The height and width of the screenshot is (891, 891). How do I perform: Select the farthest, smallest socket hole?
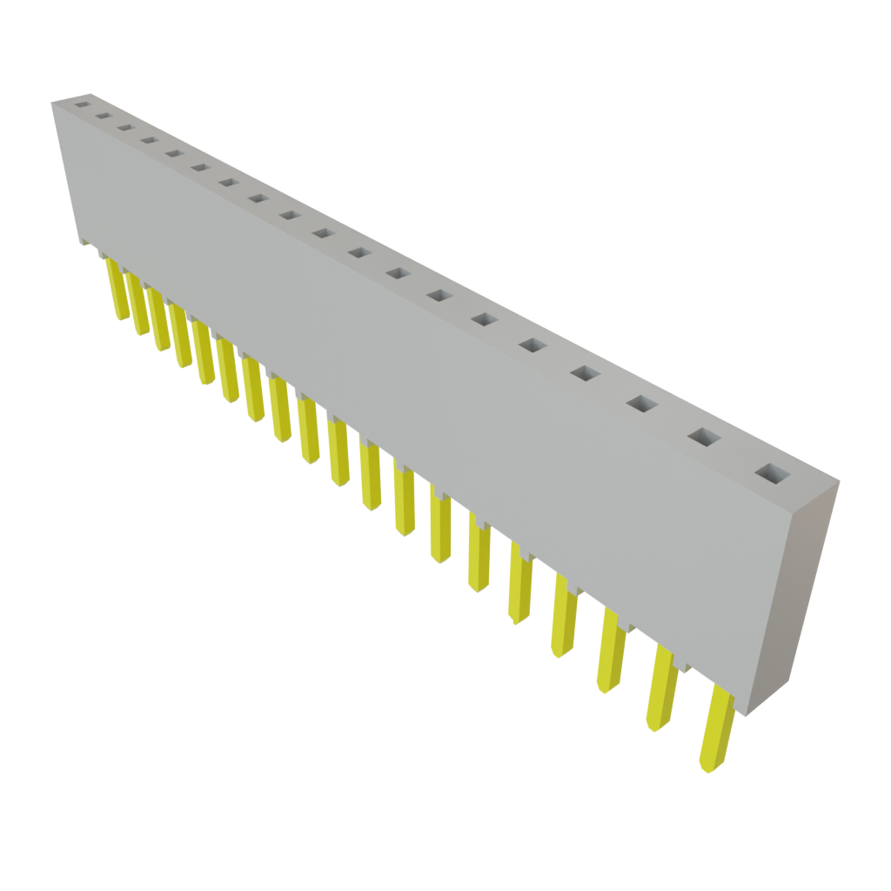click(82, 104)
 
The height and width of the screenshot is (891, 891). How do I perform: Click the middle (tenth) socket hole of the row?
click(323, 233)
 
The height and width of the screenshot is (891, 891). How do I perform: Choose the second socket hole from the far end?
click(103, 115)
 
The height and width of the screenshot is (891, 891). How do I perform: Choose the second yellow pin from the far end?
click(138, 304)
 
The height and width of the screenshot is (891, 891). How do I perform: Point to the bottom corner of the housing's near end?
click(740, 715)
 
